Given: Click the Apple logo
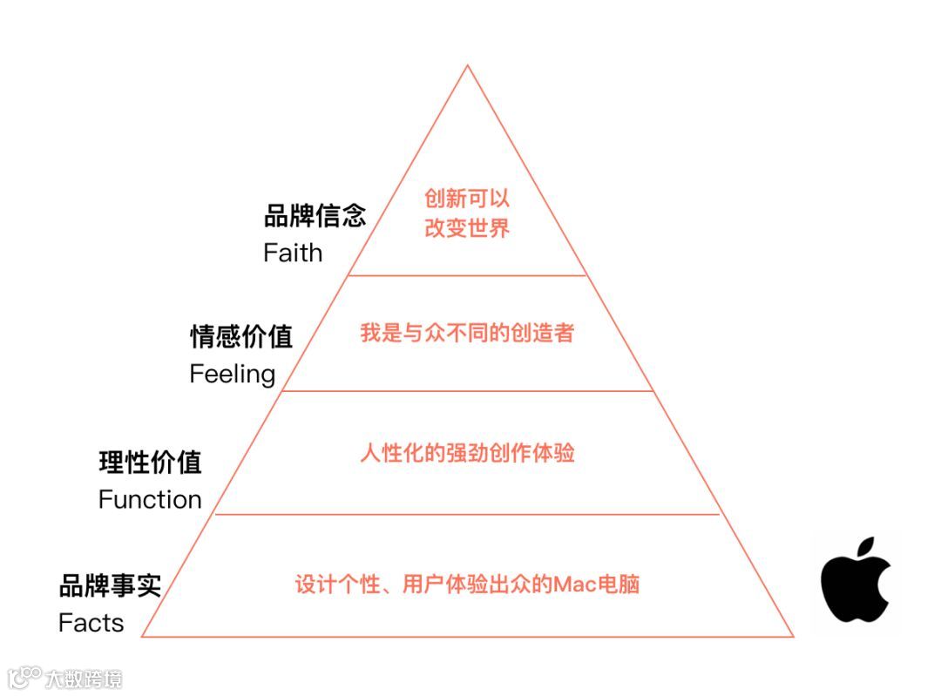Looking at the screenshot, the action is (x=855, y=584).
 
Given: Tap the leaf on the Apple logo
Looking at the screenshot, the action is (x=863, y=549).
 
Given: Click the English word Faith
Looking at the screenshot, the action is (x=293, y=253).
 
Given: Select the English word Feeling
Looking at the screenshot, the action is (x=233, y=375).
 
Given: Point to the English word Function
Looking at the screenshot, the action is (x=150, y=499).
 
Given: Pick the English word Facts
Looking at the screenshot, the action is (x=91, y=623).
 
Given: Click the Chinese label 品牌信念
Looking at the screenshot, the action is (x=315, y=216).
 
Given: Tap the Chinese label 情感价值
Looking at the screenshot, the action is (x=241, y=337).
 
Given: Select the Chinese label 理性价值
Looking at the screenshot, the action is (x=150, y=462).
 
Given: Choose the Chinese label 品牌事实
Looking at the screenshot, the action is (x=110, y=585).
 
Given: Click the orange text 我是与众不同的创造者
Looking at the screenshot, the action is (x=467, y=333).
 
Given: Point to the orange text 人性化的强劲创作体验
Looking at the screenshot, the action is (x=467, y=454).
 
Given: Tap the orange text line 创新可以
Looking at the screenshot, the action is (x=467, y=199).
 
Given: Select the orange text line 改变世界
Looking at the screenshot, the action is (x=467, y=228).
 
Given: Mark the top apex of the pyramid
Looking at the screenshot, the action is (x=468, y=65).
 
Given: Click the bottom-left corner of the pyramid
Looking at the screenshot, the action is (x=142, y=637).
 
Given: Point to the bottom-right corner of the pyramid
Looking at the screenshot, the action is (x=793, y=637).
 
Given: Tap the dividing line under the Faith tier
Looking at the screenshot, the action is (x=467, y=275).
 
